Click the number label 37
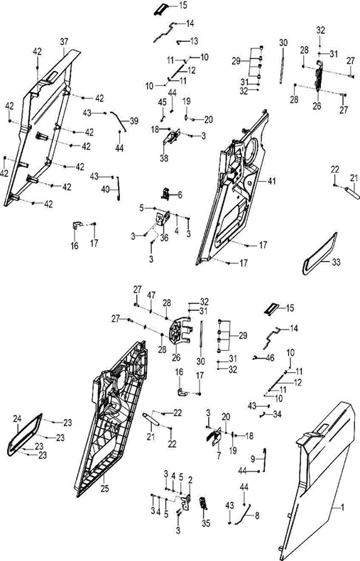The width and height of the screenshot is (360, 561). (63, 41)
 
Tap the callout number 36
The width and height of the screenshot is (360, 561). (164, 238)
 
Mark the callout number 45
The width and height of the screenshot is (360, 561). (162, 102)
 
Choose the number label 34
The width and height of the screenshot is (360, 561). (278, 413)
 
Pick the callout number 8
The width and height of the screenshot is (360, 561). (256, 515)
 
